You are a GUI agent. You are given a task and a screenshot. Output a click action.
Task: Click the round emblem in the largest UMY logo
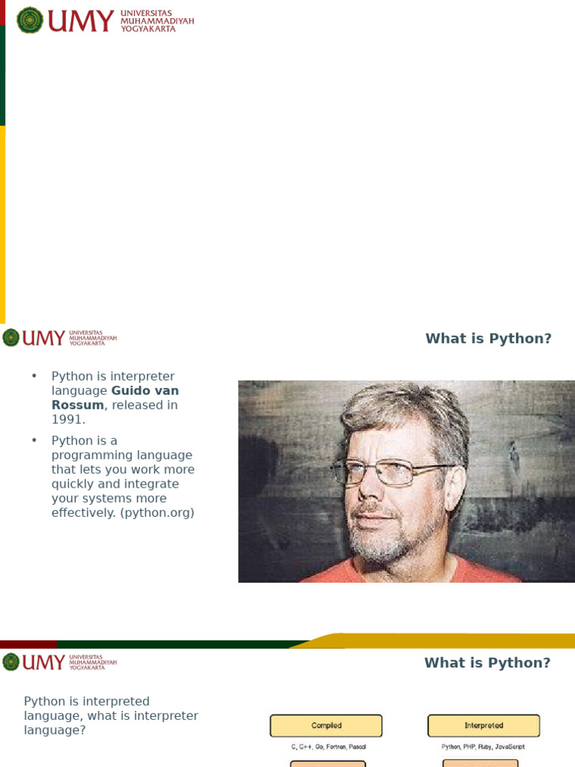(x=30, y=20)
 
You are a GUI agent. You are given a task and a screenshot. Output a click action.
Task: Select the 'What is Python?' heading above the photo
(x=488, y=339)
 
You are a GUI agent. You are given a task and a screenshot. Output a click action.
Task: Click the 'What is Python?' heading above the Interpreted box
(x=487, y=663)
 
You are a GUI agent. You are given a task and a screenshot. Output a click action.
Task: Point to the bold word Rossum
(x=77, y=405)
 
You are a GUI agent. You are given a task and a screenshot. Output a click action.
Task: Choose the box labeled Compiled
(x=326, y=726)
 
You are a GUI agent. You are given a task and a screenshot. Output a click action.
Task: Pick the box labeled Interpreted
(x=484, y=726)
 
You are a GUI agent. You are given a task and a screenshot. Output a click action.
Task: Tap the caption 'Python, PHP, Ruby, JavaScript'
(x=484, y=747)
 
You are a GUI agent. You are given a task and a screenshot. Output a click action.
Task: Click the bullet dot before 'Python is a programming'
(x=34, y=440)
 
